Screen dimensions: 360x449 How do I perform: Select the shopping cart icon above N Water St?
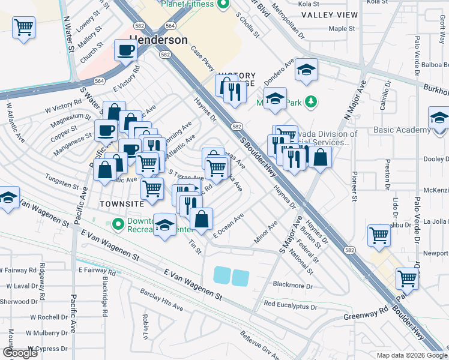(23, 27)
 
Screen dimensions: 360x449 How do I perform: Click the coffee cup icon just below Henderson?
(125, 51)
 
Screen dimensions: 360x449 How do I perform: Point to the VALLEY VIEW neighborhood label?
(330, 14)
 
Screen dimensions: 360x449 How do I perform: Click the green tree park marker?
(310, 102)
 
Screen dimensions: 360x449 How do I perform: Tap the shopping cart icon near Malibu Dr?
(379, 235)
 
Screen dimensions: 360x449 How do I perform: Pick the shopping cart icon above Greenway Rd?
(407, 278)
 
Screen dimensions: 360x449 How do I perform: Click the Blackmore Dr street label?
(293, 286)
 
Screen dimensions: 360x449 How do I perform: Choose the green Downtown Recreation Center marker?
(117, 224)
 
